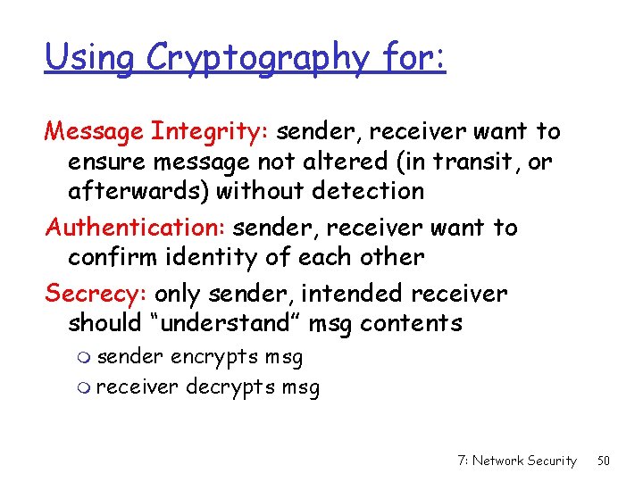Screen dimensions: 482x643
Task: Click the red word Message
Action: coord(96,132)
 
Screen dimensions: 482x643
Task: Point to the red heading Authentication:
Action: coord(134,228)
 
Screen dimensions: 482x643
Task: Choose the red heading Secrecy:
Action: coord(96,294)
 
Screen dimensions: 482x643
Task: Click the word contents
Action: coord(411,323)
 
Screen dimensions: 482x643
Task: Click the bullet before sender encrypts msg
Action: coord(85,359)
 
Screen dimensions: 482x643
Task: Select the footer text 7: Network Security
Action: coord(516,461)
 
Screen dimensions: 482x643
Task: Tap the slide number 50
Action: coord(604,461)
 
